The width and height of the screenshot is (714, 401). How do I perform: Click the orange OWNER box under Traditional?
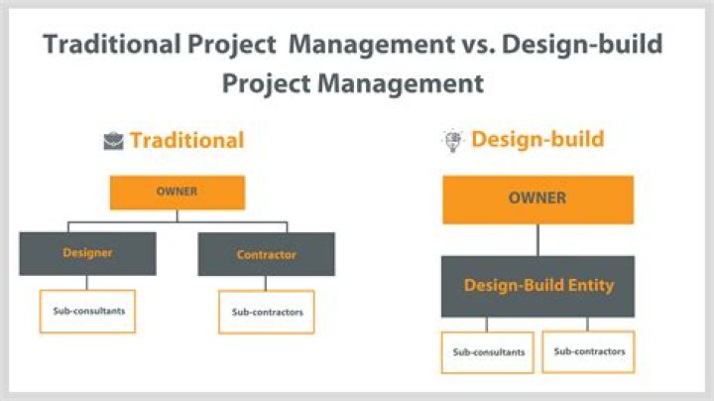click(x=177, y=192)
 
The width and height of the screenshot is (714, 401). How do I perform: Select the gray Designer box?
click(x=87, y=253)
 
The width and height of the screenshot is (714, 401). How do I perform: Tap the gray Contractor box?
click(x=266, y=254)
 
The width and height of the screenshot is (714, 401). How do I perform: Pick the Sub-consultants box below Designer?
click(x=87, y=311)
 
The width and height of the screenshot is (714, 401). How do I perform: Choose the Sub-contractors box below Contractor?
click(x=266, y=312)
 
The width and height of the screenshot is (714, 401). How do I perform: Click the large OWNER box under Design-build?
click(x=537, y=199)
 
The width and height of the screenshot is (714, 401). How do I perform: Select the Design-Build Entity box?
click(x=537, y=286)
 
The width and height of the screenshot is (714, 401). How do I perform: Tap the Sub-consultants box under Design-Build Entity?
click(x=487, y=351)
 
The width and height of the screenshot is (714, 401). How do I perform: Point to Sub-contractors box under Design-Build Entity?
click(x=588, y=351)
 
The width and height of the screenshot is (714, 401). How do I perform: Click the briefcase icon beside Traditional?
click(x=113, y=141)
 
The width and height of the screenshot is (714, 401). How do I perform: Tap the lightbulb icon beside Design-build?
click(x=451, y=140)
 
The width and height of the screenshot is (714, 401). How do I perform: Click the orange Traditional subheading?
click(x=186, y=141)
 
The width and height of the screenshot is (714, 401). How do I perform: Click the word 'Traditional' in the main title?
click(x=120, y=45)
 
